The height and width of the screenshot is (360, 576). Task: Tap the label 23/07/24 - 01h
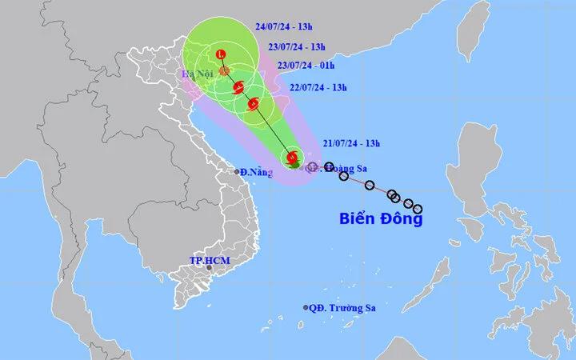click(305, 66)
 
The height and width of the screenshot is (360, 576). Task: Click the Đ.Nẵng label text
click(256, 172)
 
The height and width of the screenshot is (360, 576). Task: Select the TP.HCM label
click(206, 260)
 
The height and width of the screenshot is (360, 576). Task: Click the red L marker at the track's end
click(222, 54)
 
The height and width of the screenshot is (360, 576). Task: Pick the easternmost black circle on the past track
click(417, 210)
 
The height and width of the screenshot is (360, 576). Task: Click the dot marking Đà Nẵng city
click(237, 171)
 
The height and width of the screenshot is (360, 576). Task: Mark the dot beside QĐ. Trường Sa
click(306, 308)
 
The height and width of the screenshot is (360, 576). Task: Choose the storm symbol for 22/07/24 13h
click(254, 102)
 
